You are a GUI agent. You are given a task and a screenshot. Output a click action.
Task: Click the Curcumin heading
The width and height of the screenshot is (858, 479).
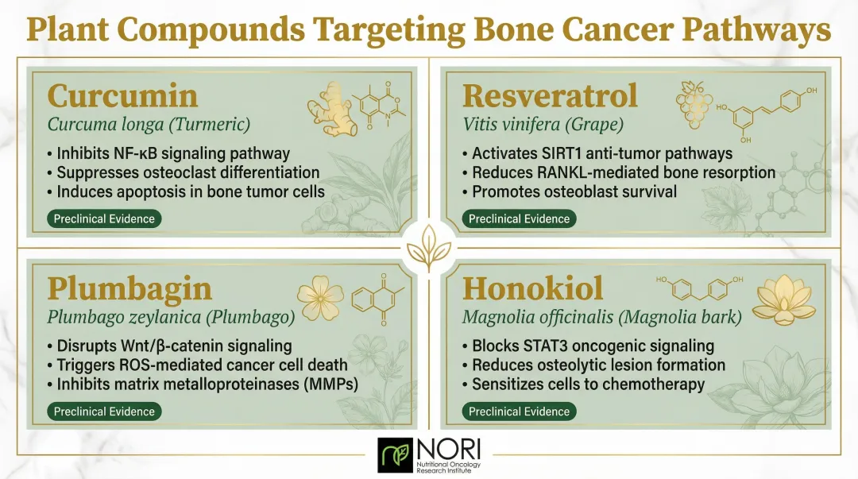[122, 96]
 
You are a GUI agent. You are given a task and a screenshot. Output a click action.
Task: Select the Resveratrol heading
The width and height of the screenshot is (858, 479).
[550, 96]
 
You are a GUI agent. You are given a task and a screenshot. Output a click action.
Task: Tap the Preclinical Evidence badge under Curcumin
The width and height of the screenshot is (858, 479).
[103, 218]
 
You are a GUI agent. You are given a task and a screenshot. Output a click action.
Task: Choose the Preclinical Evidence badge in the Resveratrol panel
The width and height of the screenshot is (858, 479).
[519, 218]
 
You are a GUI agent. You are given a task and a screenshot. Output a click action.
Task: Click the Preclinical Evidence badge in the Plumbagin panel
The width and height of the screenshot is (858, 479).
[103, 411]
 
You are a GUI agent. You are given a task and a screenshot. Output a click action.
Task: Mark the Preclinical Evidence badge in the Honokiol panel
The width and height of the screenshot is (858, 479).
[519, 411]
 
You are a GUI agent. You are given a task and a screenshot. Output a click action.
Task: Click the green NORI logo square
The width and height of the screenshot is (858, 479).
[394, 454]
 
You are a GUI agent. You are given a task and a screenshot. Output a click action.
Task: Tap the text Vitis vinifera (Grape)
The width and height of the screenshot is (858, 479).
[531, 125]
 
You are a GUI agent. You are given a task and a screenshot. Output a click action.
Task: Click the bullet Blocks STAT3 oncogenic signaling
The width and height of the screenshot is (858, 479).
[582, 346]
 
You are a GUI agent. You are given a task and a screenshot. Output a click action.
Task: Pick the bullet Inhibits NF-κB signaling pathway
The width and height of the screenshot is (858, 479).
[168, 153]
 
